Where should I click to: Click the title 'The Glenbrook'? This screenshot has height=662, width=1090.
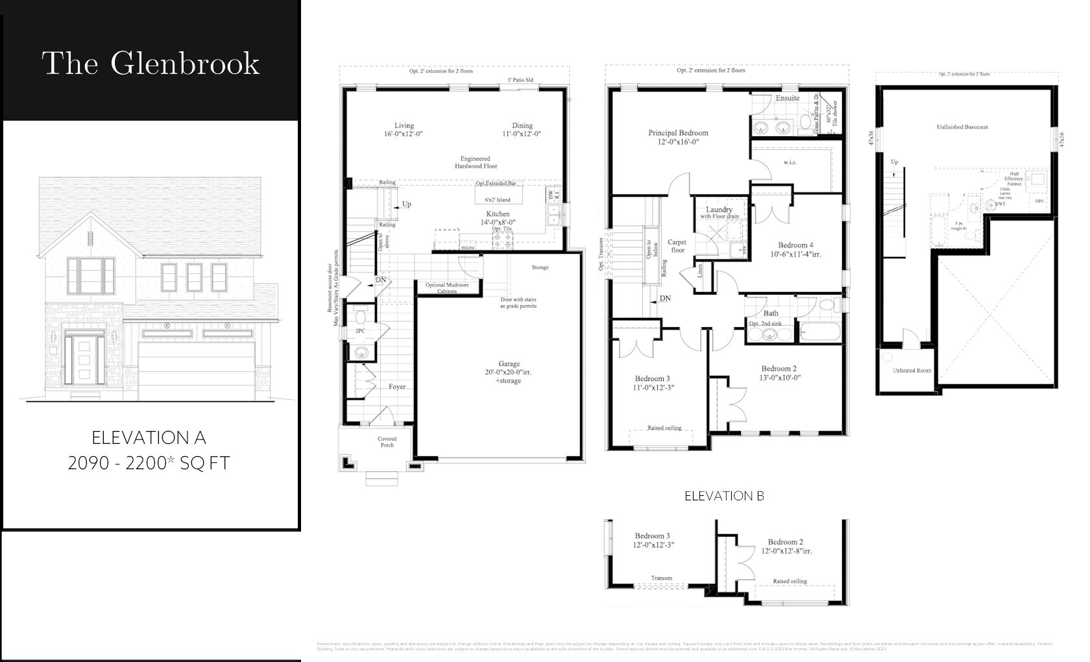coord(151,63)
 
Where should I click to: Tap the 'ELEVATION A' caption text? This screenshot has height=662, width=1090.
coord(149,437)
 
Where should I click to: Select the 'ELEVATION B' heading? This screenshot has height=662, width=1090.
coord(724,496)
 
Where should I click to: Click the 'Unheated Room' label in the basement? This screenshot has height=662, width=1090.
coord(912,370)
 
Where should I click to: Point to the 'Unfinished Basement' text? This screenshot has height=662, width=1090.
coord(962,127)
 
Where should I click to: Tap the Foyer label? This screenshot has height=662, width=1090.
coord(397,387)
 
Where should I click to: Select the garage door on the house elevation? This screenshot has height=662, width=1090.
coord(196,371)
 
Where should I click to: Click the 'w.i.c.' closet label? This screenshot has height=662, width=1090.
coord(790,162)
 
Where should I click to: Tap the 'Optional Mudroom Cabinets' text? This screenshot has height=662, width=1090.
coord(447,288)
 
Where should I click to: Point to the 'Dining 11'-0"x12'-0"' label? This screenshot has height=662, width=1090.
coord(522,130)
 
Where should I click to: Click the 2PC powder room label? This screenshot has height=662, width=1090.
coord(360,331)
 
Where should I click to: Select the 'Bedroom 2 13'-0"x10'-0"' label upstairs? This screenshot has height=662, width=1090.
coord(780,373)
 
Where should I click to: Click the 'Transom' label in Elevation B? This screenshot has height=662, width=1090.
coord(662,578)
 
